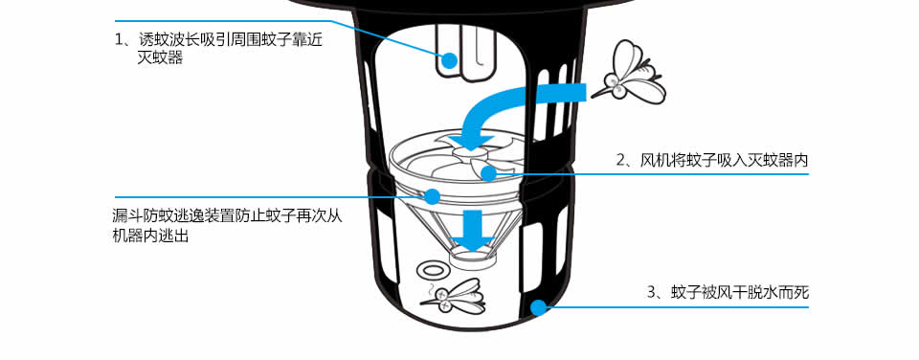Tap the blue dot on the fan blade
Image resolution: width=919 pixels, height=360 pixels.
(487, 173)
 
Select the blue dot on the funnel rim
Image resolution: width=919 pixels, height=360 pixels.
(432, 196)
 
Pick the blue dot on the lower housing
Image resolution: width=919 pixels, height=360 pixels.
(537, 306)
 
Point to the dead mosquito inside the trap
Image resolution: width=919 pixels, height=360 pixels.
(453, 297)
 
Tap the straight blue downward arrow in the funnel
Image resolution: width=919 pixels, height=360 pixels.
(475, 229)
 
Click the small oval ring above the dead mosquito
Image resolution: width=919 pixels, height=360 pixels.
(433, 270)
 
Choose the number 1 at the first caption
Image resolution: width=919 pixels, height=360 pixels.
(118, 40)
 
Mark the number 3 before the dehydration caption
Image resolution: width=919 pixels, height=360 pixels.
(652, 292)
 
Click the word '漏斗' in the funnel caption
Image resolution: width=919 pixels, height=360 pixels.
(127, 215)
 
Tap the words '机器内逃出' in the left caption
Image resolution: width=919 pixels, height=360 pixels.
(150, 236)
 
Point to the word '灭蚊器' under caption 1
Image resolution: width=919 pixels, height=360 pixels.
(160, 57)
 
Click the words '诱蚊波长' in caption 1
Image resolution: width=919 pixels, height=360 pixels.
(168, 40)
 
